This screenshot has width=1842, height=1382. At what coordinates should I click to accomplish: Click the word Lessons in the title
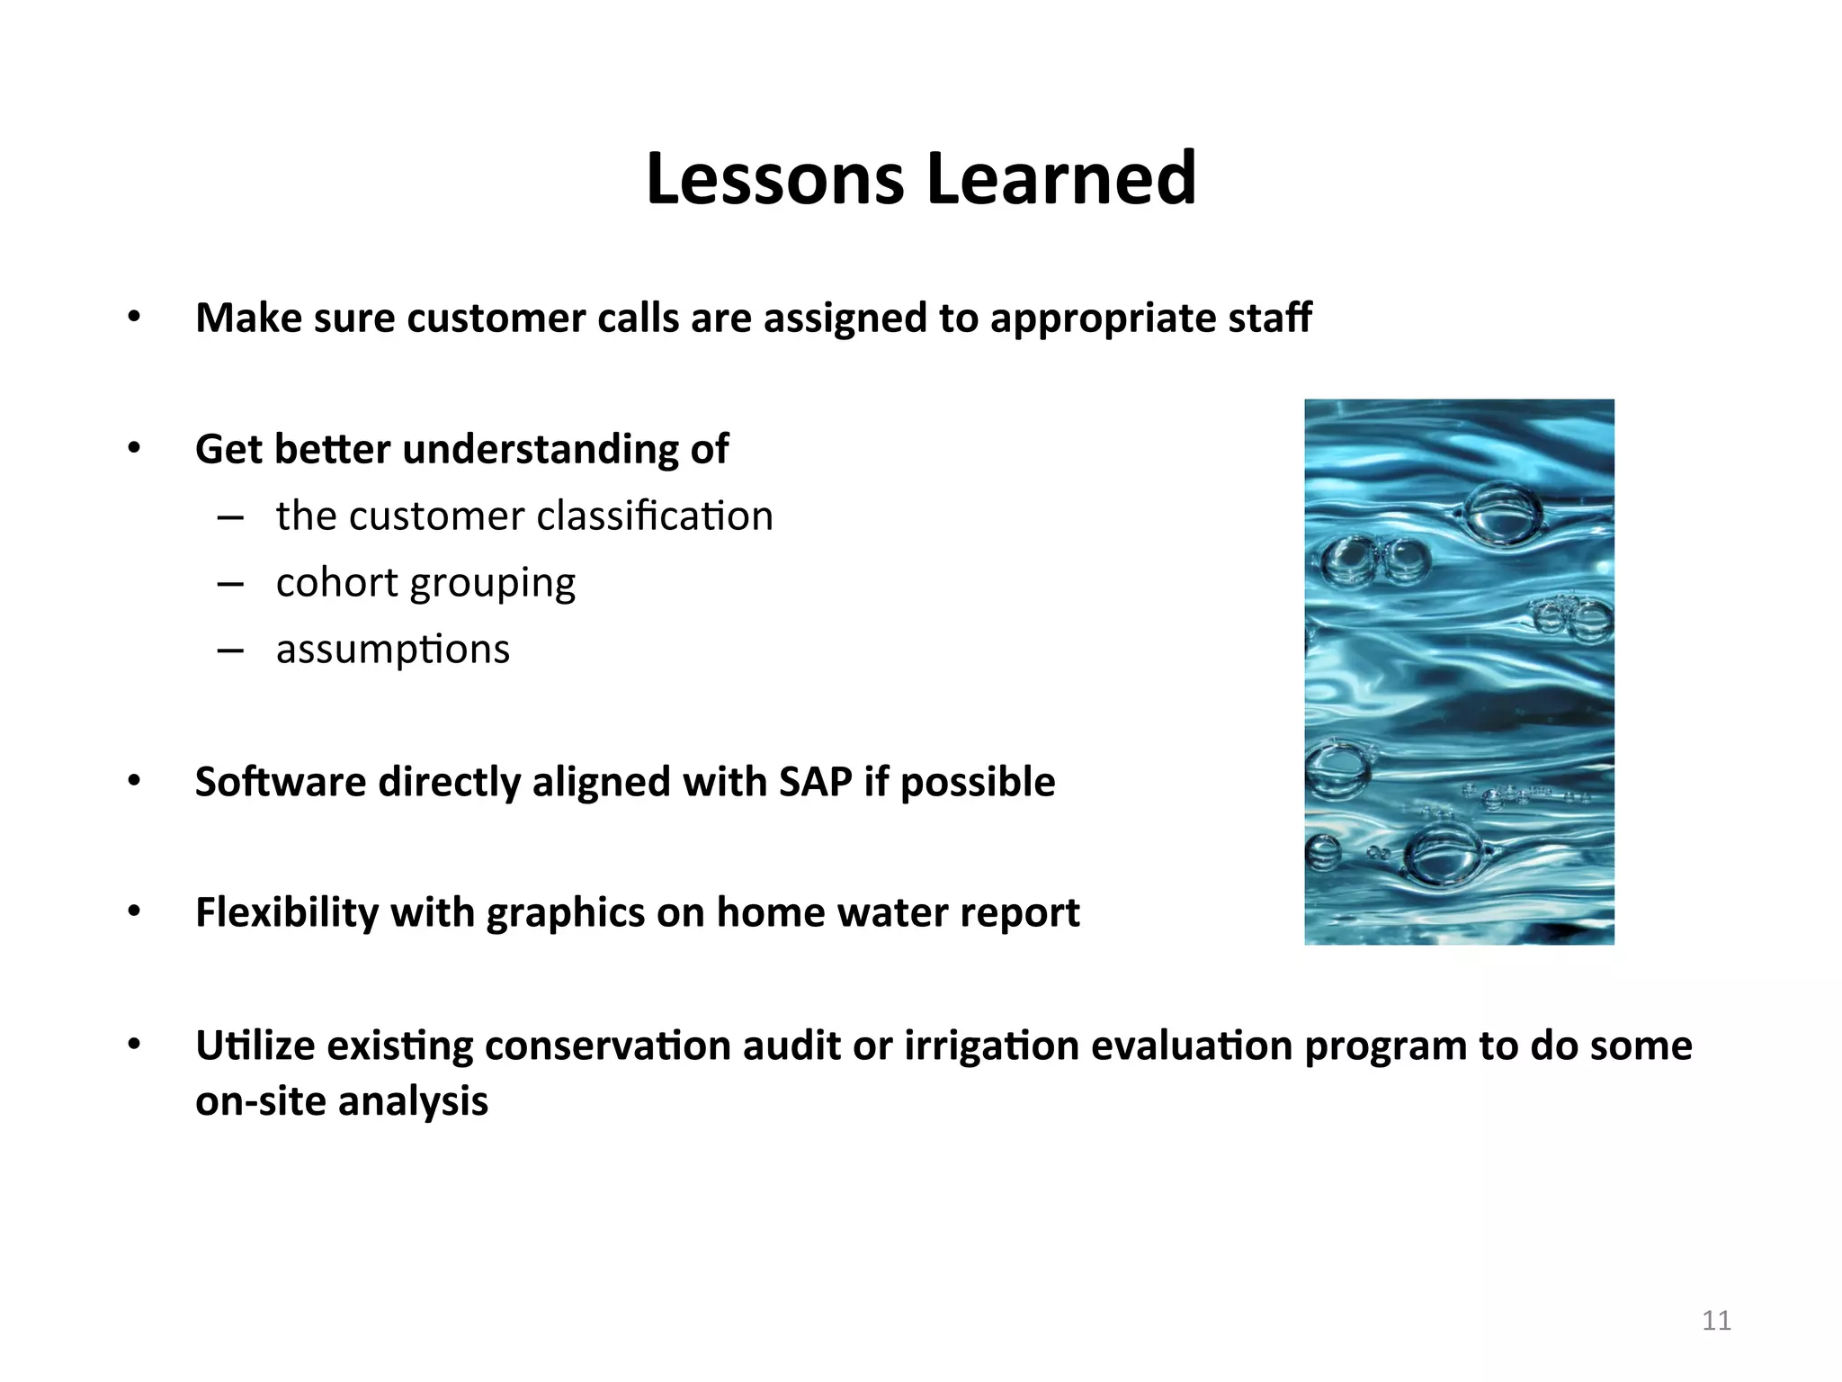pyautogui.click(x=774, y=178)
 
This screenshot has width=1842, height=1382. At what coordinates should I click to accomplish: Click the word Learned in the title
pyautogui.click(x=1061, y=178)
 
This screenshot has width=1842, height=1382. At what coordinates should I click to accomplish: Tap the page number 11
pyautogui.click(x=1716, y=1320)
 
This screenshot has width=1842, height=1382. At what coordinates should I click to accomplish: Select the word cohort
pyautogui.click(x=337, y=583)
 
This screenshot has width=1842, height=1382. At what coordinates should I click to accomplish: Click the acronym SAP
pyautogui.click(x=815, y=782)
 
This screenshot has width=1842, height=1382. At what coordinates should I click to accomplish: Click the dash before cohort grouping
pyautogui.click(x=230, y=585)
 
